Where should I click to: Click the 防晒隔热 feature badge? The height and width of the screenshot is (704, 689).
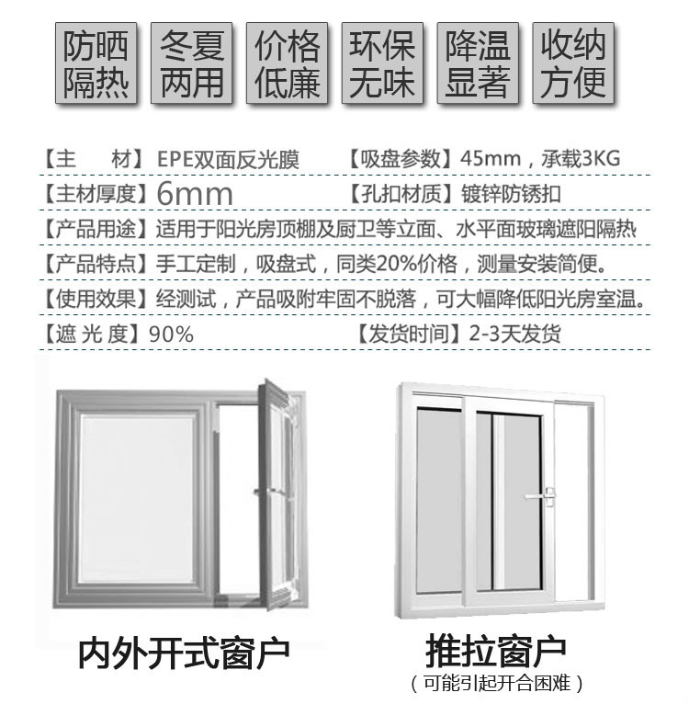point(96,62)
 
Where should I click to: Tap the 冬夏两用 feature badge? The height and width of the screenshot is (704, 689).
point(192,62)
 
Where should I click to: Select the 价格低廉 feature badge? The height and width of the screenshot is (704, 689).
point(288,62)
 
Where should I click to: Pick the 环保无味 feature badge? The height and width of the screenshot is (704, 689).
point(382,62)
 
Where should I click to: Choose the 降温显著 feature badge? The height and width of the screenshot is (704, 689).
point(478,62)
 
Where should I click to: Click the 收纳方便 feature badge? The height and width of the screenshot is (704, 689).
point(573,62)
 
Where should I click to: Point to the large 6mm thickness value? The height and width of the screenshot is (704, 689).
point(195,194)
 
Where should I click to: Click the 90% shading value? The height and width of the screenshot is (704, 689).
point(171,335)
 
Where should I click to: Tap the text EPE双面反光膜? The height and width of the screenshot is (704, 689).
point(228,159)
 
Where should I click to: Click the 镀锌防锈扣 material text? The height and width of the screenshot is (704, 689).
point(512,194)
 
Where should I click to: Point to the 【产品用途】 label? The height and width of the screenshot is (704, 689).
point(96,229)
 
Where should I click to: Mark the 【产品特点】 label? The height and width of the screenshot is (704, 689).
point(96,264)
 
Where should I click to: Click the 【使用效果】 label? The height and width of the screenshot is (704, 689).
point(96,299)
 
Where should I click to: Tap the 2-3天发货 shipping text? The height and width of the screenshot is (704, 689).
point(514,334)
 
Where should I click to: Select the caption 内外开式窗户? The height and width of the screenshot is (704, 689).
point(184,653)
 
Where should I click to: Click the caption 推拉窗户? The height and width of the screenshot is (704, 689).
point(495,651)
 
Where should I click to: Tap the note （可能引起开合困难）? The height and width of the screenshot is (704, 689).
point(497,684)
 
